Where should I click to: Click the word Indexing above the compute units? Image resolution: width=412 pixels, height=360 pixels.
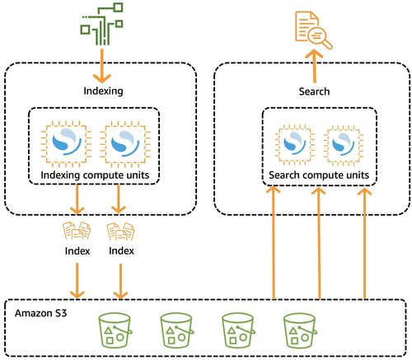[104, 91]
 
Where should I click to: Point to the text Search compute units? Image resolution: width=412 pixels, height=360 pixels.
[318, 175]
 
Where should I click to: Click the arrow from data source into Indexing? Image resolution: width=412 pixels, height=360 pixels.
[104, 64]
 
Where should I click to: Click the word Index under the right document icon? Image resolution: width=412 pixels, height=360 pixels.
[121, 250]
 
